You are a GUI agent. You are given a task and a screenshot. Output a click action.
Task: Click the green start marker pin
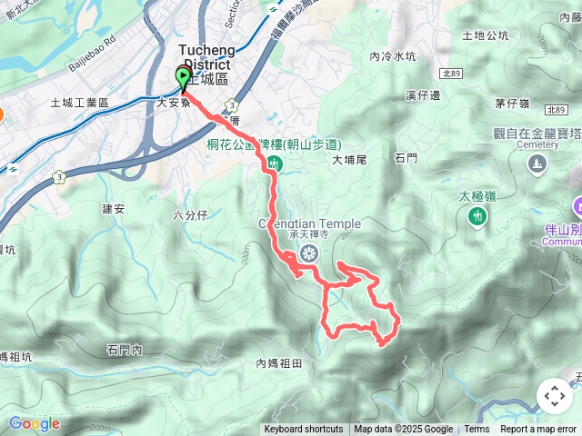[x=183, y=77]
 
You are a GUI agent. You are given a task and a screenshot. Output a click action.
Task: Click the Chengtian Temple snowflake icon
[x=309, y=252]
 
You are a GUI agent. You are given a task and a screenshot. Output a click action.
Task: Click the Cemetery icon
[x=537, y=163]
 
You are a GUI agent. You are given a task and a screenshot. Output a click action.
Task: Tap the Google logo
[x=35, y=423]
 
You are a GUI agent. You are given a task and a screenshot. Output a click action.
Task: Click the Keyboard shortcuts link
[x=303, y=430]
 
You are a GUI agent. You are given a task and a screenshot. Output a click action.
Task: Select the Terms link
[x=477, y=430]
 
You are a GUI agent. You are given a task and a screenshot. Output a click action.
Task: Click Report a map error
[x=538, y=430]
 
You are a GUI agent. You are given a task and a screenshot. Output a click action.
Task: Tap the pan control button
[x=554, y=396]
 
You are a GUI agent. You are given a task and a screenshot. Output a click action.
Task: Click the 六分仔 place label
[x=190, y=214]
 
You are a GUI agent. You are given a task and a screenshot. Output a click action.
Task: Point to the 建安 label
[x=113, y=209]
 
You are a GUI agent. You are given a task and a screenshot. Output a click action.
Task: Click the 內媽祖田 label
[x=278, y=363]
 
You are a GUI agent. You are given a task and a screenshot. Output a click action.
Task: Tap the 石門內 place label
[x=125, y=349]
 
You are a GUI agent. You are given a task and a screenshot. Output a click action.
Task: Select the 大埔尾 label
[x=348, y=160]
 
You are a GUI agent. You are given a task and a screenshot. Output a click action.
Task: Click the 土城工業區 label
[x=79, y=103]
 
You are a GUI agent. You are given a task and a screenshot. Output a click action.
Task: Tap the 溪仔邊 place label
[x=423, y=94]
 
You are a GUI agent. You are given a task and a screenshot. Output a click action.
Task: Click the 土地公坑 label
[x=485, y=36]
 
